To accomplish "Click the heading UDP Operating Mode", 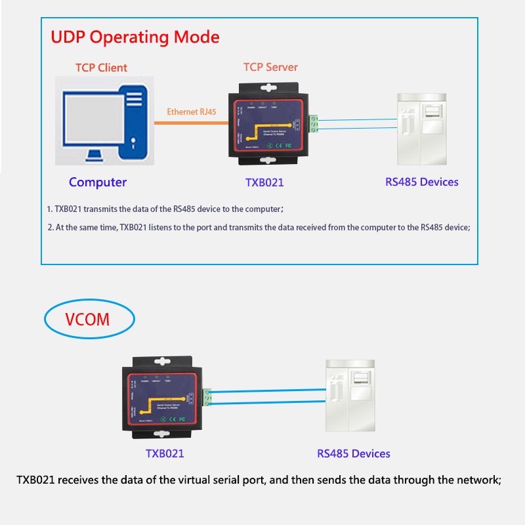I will coord(135,37).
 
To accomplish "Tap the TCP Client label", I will coord(101,68).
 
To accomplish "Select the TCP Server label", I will coord(270,67).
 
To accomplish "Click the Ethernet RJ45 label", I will coord(192,112).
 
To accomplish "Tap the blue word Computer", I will coord(98,182).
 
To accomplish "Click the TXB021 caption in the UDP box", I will coord(264,182).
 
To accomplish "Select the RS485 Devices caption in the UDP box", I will coord(422,182).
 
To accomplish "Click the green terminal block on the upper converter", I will coord(314,123).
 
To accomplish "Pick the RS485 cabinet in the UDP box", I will coord(423,129).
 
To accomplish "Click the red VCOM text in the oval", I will coord(87,320).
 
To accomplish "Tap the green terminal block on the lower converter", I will coord(209,397).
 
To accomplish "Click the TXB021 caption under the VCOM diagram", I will coord(165,453).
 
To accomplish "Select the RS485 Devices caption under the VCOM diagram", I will coord(354,453).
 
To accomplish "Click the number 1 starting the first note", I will coord(49,209).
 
